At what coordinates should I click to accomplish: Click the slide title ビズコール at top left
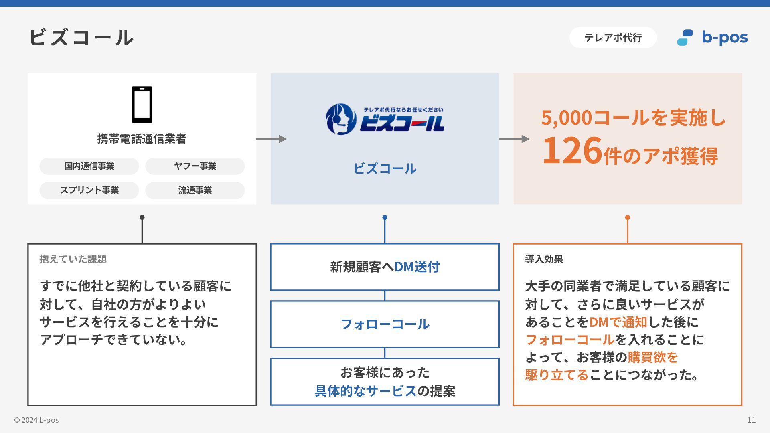coord(81,37)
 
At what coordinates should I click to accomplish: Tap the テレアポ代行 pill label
coord(613,38)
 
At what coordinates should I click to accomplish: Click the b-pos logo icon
coord(685,38)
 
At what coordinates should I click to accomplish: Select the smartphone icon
coord(142,105)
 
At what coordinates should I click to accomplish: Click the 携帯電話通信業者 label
coord(142,139)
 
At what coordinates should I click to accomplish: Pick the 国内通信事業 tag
coord(89,166)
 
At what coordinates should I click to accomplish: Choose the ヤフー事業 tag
coord(195,166)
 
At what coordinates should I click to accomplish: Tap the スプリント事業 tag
coord(89,190)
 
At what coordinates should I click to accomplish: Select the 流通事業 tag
coord(195,190)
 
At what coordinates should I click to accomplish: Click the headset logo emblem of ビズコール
coord(340,119)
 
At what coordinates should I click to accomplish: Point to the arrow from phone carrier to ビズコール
coord(272,139)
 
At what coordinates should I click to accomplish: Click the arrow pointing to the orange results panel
coord(514,139)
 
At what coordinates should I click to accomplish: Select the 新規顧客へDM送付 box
coord(385,267)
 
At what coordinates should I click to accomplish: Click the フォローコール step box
coord(385,324)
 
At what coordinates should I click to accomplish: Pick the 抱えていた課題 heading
coord(73,259)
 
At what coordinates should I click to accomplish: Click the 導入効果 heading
coord(544,259)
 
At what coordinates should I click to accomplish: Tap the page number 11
coord(751,420)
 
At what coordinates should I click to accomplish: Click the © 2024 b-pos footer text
coord(36,420)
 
